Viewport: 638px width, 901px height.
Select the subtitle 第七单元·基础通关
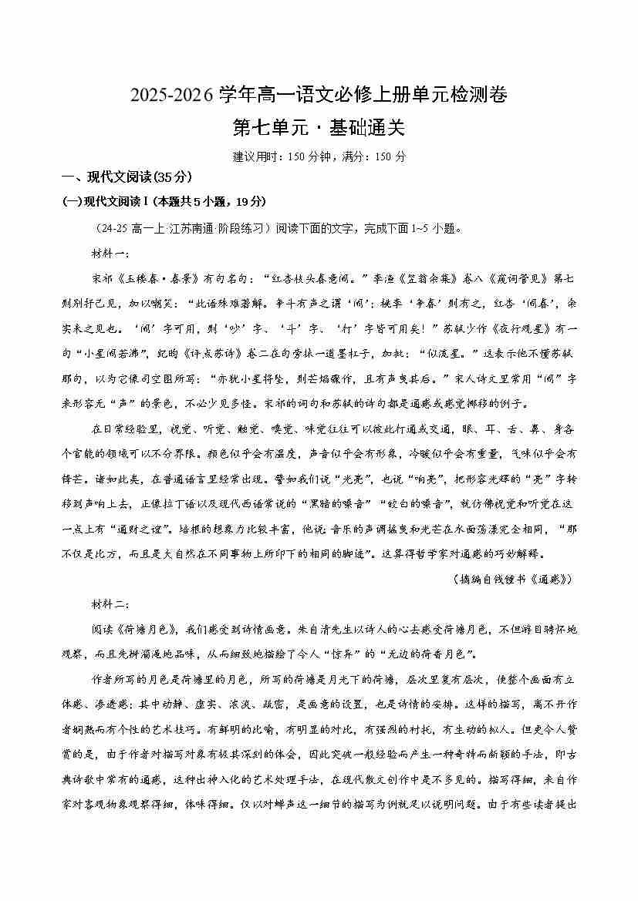(x=319, y=126)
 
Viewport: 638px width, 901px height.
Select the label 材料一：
(x=112, y=254)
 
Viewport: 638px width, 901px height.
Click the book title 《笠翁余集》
(x=427, y=278)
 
